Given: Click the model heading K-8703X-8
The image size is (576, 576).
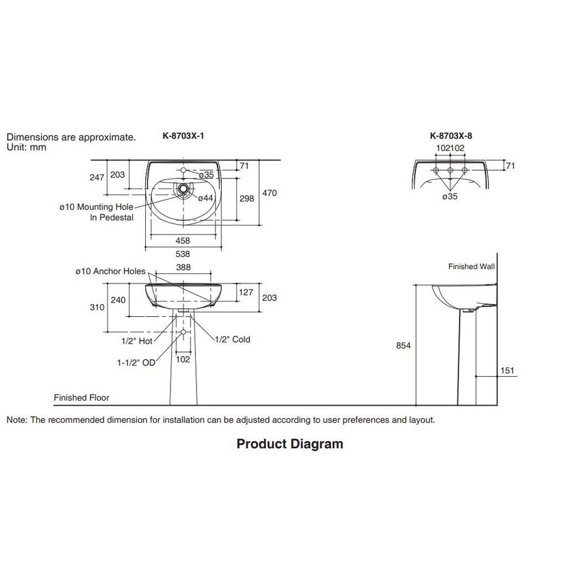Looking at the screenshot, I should pyautogui.click(x=451, y=137).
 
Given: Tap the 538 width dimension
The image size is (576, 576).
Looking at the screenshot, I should pyautogui.click(x=183, y=253).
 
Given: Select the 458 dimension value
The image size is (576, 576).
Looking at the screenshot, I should pyautogui.click(x=183, y=241).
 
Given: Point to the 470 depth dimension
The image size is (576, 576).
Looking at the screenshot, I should pyautogui.click(x=270, y=193).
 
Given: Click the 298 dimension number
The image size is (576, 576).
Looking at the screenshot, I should pyautogui.click(x=247, y=198).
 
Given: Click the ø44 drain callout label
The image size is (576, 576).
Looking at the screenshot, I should pyautogui.click(x=206, y=198).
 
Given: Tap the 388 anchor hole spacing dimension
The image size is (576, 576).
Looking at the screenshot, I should pyautogui.click(x=183, y=267).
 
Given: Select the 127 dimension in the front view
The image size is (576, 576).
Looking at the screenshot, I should pyautogui.click(x=246, y=293).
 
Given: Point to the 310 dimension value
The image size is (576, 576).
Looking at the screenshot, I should pyautogui.click(x=97, y=307).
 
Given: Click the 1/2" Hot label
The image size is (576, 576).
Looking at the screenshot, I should pyautogui.click(x=137, y=340).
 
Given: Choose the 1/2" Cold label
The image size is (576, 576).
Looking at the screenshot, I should pyautogui.click(x=233, y=339).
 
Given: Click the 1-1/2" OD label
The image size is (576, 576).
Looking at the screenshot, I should pyautogui.click(x=137, y=363).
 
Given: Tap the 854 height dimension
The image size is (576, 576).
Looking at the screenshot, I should pyautogui.click(x=403, y=345).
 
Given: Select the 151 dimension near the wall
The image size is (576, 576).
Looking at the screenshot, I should pyautogui.click(x=507, y=371).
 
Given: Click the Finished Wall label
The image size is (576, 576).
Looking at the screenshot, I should pyautogui.click(x=471, y=267).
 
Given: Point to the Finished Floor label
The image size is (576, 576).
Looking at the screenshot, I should pyautogui.click(x=81, y=397).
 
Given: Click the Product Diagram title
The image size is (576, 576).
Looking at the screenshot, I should pyautogui.click(x=290, y=444).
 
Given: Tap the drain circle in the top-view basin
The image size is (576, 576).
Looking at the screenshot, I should pyautogui.click(x=183, y=188).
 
